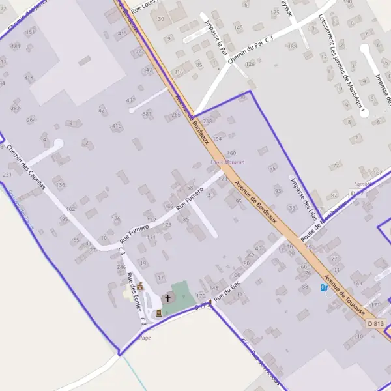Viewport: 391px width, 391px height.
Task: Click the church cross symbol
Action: (x=167, y=298)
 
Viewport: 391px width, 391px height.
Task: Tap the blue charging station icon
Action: (x=324, y=287)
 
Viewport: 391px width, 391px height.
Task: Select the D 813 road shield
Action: (x=376, y=323)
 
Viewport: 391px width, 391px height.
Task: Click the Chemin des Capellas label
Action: (x=27, y=167)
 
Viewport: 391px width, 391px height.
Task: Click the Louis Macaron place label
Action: (x=227, y=162)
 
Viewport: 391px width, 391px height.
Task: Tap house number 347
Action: (x=148, y=70)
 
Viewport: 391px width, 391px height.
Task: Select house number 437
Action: (x=131, y=100)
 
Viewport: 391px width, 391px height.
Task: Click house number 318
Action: (x=28, y=77)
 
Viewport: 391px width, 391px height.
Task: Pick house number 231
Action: (x=7, y=175)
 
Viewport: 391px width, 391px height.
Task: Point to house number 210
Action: (x=358, y=336)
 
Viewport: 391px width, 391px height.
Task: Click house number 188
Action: (x=293, y=46)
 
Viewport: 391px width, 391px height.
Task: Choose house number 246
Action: (x=121, y=267)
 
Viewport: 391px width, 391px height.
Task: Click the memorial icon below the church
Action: (x=158, y=312)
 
